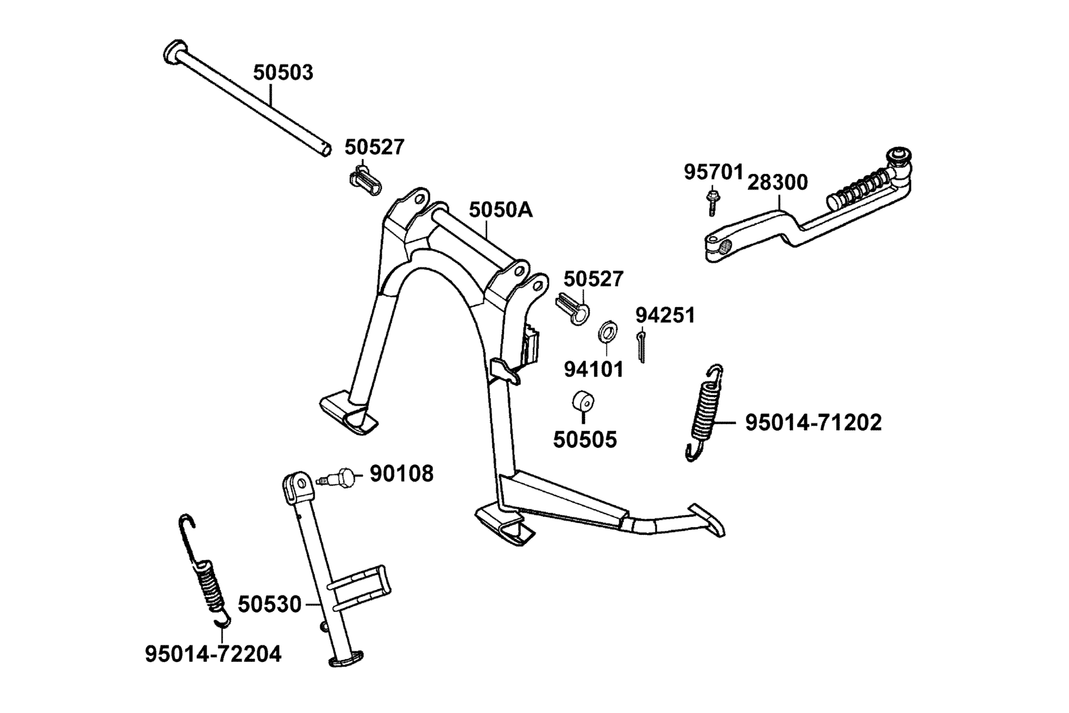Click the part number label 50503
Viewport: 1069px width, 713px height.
click(283, 72)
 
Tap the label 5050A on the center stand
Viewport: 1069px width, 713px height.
click(501, 210)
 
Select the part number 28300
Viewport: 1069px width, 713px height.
click(777, 182)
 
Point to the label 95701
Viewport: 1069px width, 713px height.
click(713, 172)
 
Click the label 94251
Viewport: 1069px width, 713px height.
click(665, 315)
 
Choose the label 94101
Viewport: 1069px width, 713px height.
click(594, 370)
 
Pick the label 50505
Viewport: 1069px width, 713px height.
click(585, 440)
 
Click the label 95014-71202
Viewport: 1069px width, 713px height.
click(814, 422)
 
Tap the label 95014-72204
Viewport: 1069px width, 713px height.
click(213, 654)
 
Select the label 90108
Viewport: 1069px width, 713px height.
click(401, 474)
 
